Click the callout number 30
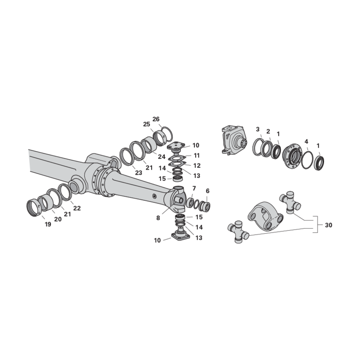pos(328,225)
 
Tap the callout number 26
pos(156,119)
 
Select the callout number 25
pos(147,124)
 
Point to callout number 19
pos(48,224)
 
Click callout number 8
pos(158,218)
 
